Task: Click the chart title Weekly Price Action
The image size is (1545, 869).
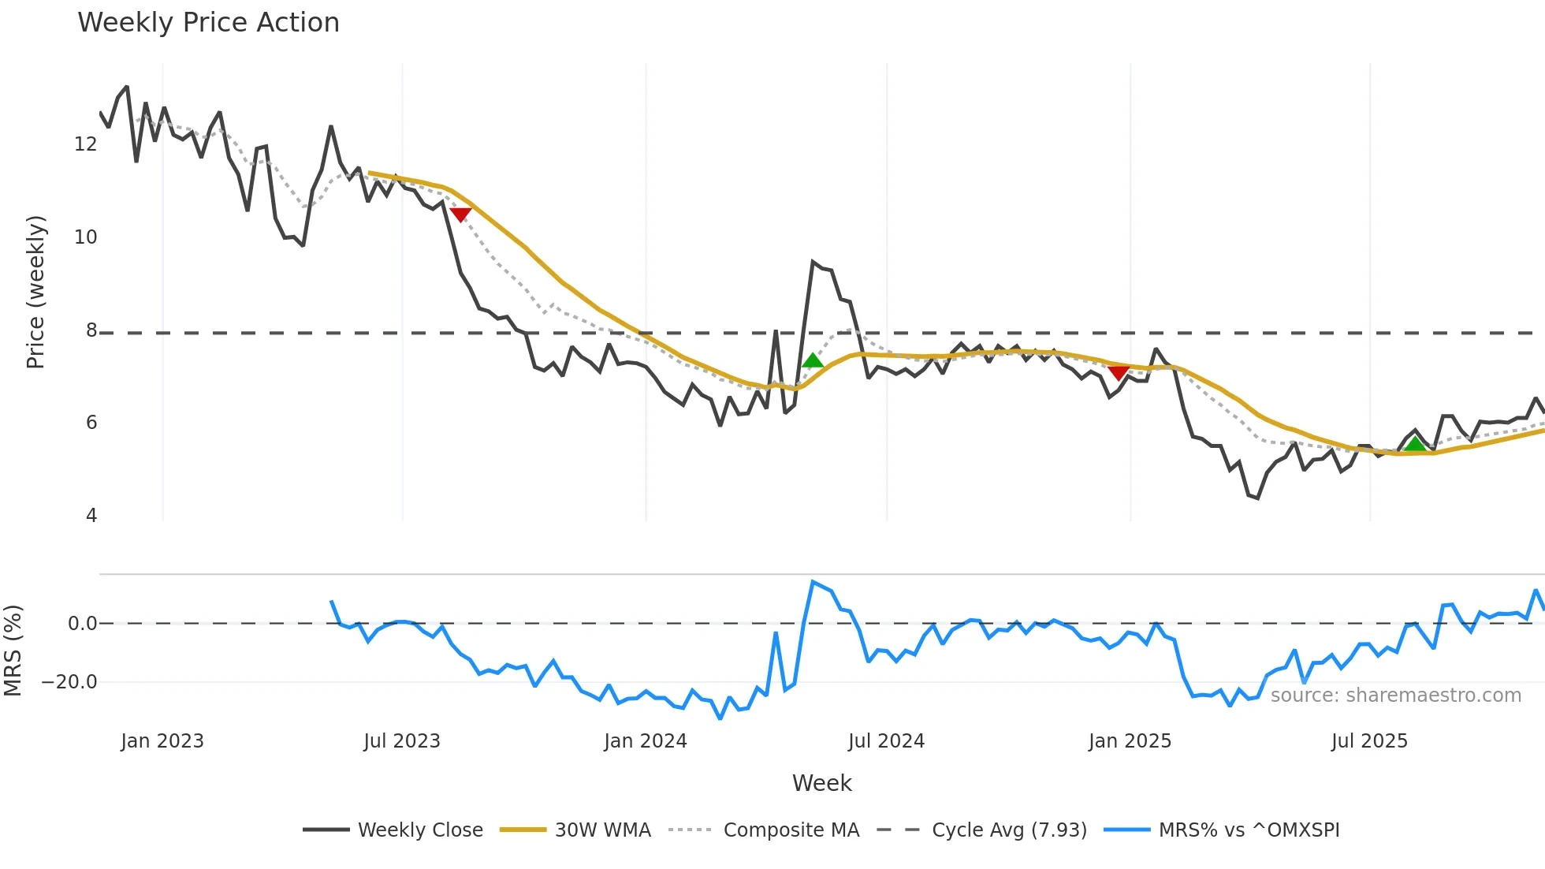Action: pos(208,23)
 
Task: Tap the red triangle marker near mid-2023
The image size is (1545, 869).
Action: pos(460,214)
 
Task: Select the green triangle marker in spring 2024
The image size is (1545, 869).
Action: pos(813,361)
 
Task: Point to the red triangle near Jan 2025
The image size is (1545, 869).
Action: pos(1118,373)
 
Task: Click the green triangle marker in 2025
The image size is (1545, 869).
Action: pos(1416,445)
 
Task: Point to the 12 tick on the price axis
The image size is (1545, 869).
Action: pos(85,144)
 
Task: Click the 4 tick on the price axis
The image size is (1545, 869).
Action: pos(91,516)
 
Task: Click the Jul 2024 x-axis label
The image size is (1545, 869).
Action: pos(886,741)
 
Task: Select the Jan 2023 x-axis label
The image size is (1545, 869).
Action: pos(162,741)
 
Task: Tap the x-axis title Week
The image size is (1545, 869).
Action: pos(821,783)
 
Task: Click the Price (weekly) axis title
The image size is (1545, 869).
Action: pos(35,292)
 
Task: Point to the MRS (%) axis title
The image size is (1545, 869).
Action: pos(13,651)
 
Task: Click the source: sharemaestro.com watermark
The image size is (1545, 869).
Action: pos(1395,696)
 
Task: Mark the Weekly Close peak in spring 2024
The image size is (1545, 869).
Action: pos(813,262)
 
